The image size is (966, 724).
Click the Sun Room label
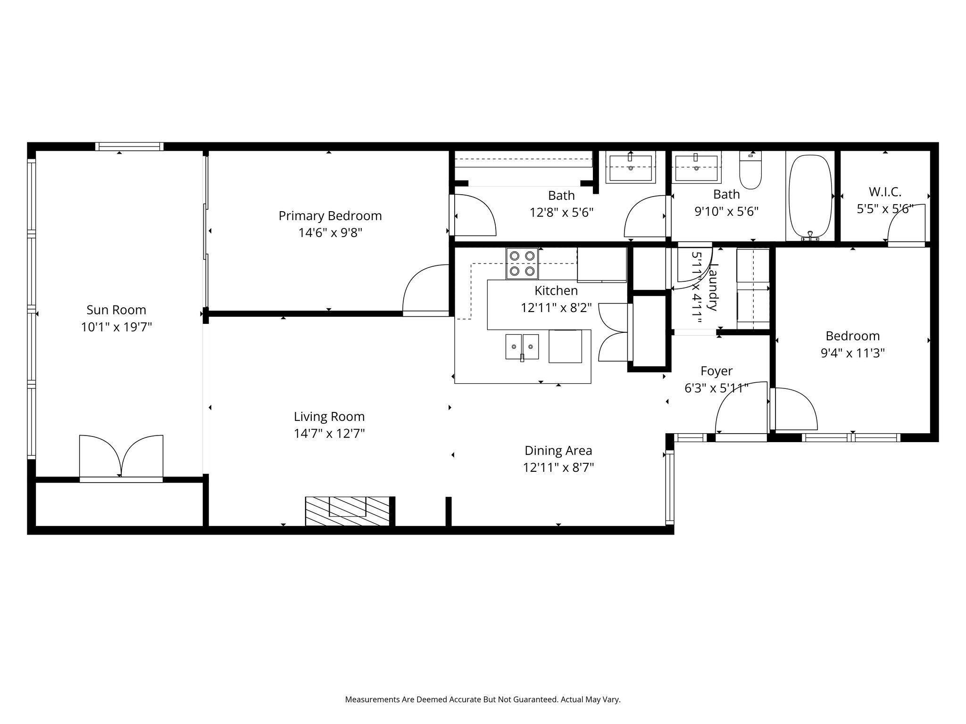[116, 310]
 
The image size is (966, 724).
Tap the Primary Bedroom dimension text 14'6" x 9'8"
[330, 233]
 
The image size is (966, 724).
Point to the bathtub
[810, 197]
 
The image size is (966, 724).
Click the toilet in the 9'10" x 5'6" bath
[750, 170]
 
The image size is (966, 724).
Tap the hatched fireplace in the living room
[347, 511]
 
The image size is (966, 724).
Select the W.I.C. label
[885, 192]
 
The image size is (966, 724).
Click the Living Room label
[329, 417]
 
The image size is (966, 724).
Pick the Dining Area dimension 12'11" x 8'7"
[558, 468]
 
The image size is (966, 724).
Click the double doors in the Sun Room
[121, 456]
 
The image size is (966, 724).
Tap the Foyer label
[716, 371]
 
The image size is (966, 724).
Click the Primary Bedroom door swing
[425, 288]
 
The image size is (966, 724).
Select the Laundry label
[713, 287]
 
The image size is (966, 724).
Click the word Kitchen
[556, 290]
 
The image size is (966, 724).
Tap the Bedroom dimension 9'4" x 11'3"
[852, 353]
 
